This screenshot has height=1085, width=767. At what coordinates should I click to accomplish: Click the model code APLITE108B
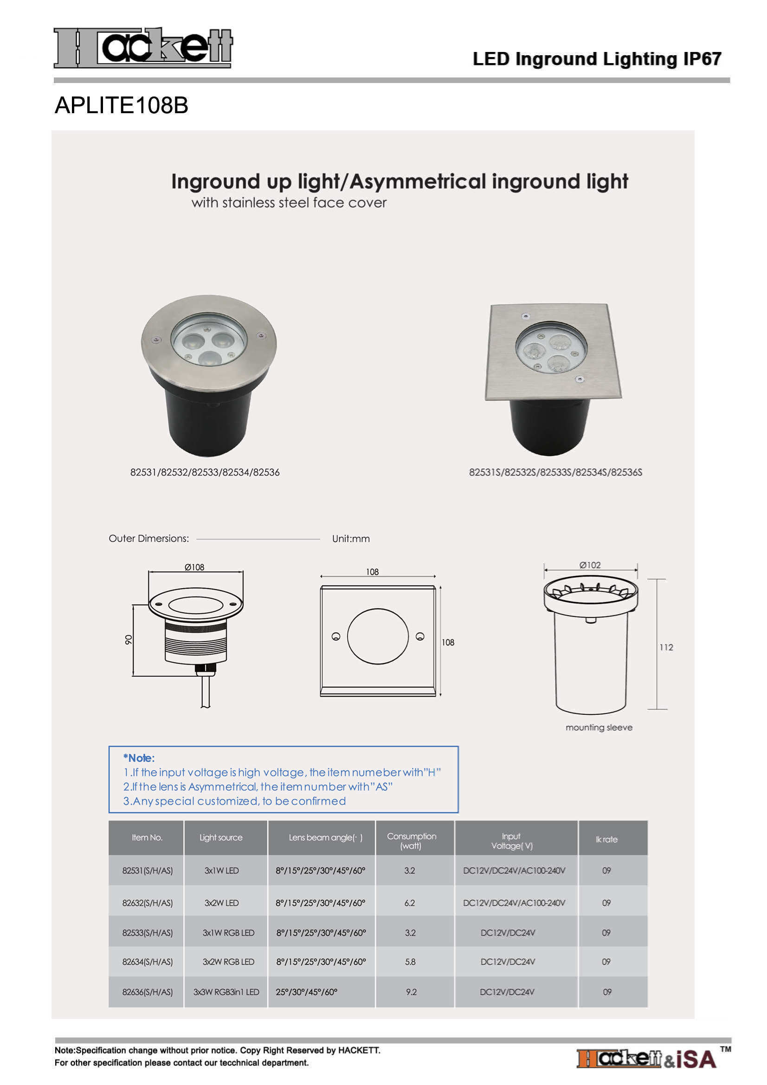(x=122, y=105)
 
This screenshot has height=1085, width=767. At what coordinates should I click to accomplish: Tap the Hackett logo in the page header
(x=143, y=47)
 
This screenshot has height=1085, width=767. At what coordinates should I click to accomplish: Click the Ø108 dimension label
(x=194, y=567)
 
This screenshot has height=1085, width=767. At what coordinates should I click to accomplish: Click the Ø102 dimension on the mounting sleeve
(x=590, y=565)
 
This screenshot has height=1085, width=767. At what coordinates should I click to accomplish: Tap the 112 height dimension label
(x=666, y=648)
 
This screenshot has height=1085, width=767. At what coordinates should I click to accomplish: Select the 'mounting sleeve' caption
(x=599, y=727)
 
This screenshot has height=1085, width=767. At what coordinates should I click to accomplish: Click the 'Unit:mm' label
(x=351, y=539)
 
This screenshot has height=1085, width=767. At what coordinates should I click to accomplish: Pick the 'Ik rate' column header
(x=606, y=839)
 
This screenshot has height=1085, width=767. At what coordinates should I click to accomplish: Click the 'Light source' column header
(x=221, y=837)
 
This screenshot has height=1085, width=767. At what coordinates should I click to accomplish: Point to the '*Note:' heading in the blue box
(x=139, y=758)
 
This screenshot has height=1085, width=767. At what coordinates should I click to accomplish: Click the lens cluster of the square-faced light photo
(x=551, y=353)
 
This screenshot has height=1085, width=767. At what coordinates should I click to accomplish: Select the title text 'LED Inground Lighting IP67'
(x=597, y=59)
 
